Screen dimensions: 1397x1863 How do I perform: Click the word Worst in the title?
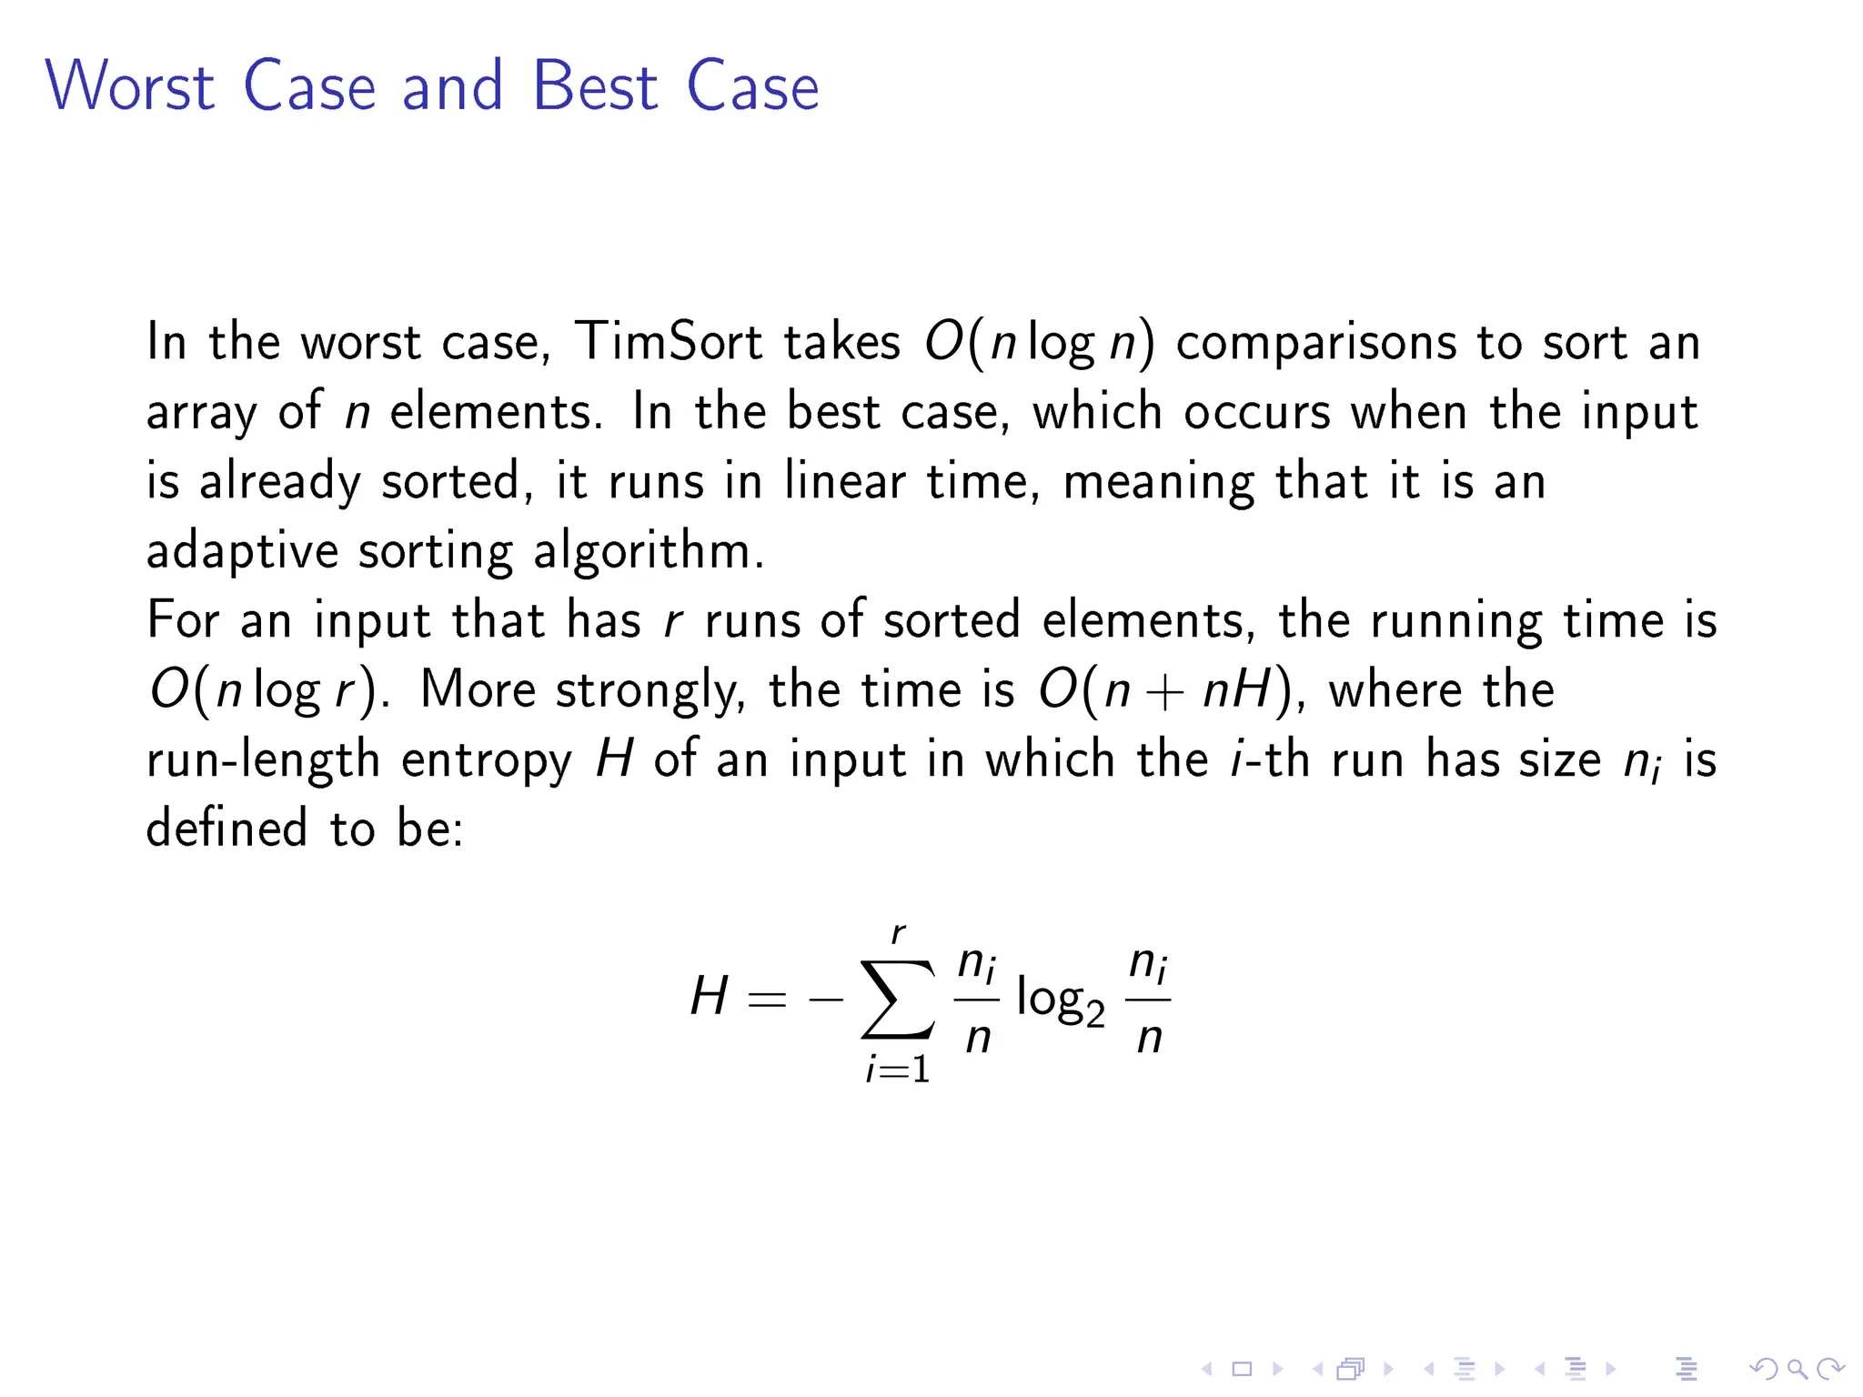[130, 86]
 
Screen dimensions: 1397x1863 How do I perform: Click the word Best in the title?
[594, 86]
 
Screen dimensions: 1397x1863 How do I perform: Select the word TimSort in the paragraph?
[669, 342]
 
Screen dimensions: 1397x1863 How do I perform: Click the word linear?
[845, 481]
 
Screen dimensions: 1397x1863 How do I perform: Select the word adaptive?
[241, 552]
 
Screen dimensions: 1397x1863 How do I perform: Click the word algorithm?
[648, 552]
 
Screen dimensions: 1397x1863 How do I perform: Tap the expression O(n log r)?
[265, 690]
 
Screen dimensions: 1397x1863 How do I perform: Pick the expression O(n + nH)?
[1165, 690]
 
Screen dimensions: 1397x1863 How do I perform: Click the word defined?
[227, 829]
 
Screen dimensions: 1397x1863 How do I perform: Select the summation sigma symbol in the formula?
[898, 999]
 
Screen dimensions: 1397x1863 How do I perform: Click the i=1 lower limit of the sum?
[898, 1070]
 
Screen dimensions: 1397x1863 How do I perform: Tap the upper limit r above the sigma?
[899, 933]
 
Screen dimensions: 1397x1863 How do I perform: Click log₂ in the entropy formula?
[1060, 1000]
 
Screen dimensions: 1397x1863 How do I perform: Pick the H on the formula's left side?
[709, 996]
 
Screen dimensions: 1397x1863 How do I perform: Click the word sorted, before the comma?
[448, 481]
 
